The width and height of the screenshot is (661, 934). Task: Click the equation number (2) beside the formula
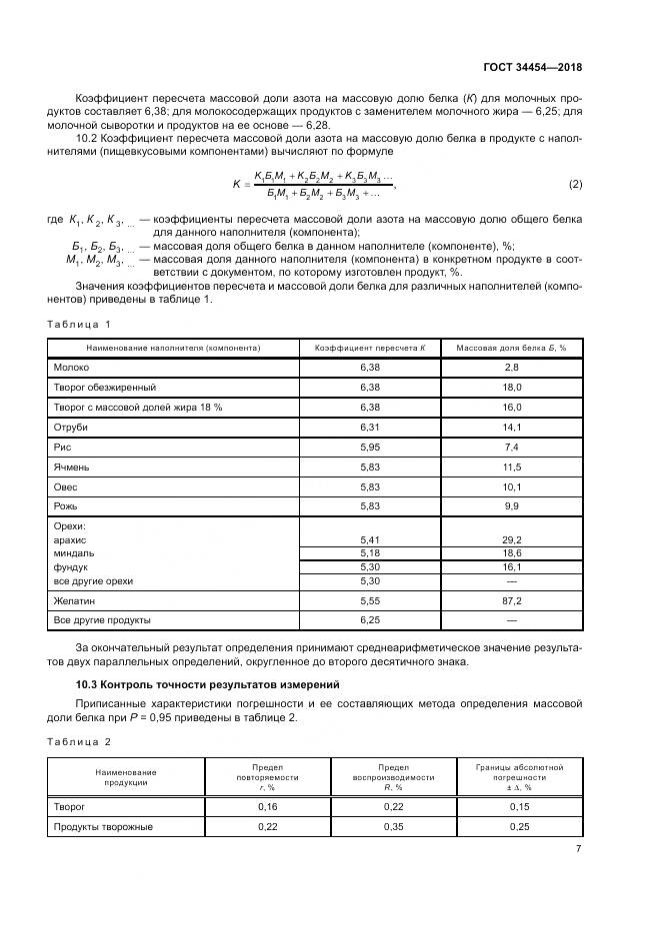(x=575, y=184)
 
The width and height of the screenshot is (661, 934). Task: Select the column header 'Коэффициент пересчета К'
(x=371, y=348)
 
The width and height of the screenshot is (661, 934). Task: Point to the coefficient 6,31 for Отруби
(x=371, y=427)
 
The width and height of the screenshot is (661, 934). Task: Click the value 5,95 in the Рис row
(x=371, y=447)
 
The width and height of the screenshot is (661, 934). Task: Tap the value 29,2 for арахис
(x=511, y=539)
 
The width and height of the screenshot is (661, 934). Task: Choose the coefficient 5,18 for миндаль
(x=371, y=552)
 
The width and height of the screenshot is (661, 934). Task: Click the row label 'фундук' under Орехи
(x=72, y=566)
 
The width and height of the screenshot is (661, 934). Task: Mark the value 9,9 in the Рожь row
(x=511, y=506)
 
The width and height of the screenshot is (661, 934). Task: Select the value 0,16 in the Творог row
(x=268, y=805)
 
